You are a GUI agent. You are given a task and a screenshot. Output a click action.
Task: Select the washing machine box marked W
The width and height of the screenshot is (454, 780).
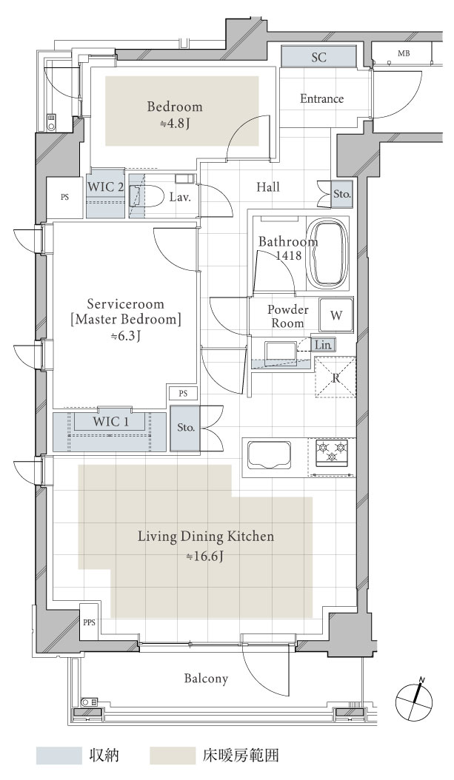click(336, 315)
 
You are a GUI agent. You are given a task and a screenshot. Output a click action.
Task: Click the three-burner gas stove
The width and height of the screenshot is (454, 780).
click(332, 453)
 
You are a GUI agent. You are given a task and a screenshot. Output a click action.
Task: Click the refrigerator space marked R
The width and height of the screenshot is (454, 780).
click(336, 377)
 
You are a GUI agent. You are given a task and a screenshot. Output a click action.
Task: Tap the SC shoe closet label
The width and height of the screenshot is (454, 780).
click(318, 57)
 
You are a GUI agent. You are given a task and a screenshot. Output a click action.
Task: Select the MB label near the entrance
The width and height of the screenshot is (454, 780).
click(404, 53)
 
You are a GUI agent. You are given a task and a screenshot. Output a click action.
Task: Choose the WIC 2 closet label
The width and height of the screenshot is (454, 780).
click(105, 187)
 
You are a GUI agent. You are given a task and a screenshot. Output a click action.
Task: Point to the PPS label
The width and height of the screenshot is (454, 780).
click(89, 622)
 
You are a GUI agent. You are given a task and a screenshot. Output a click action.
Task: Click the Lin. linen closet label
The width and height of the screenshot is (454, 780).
click(324, 344)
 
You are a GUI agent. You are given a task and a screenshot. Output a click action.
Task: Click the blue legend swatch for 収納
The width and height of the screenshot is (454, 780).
click(59, 755)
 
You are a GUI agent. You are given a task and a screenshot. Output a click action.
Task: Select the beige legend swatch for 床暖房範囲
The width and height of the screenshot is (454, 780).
click(173, 755)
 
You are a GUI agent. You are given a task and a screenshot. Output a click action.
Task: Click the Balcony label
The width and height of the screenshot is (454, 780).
click(206, 679)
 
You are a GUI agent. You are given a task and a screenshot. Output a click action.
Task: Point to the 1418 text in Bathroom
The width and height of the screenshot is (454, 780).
click(289, 255)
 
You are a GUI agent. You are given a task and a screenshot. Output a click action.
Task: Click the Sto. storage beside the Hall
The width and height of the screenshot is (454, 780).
click(342, 194)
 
